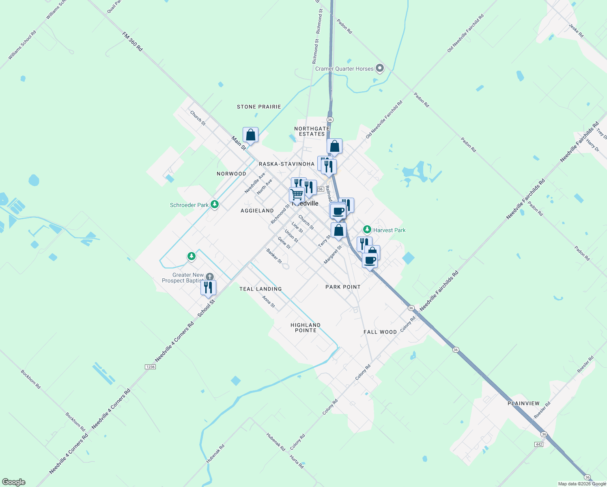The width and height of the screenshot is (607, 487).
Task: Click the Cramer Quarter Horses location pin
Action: pyautogui.click(x=380, y=68)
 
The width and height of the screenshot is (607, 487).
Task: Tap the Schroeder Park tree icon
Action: pyautogui.click(x=215, y=205)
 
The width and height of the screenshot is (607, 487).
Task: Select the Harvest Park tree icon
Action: pyautogui.click(x=367, y=230)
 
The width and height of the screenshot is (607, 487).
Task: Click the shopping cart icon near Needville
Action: pyautogui.click(x=297, y=195)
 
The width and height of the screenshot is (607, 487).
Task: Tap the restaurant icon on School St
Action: pyautogui.click(x=208, y=288)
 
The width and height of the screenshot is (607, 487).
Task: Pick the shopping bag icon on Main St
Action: pyautogui.click(x=250, y=135)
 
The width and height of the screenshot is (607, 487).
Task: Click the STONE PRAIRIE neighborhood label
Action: pyautogui.click(x=259, y=107)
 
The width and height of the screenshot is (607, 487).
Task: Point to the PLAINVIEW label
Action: pyautogui.click(x=523, y=403)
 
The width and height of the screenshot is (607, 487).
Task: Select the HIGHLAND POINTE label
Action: pyautogui.click(x=306, y=328)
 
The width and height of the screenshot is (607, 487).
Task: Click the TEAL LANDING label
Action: pyautogui.click(x=260, y=289)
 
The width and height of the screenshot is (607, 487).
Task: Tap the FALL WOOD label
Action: pyautogui.click(x=380, y=332)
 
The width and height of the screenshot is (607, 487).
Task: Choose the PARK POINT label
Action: pyautogui.click(x=343, y=287)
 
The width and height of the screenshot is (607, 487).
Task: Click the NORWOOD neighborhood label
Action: pyautogui.click(x=231, y=174)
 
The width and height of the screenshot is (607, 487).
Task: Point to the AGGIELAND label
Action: pyautogui.click(x=257, y=211)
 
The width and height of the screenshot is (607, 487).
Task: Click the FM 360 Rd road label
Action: pyautogui.click(x=133, y=42)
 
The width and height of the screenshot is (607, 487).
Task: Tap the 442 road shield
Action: pyautogui.click(x=539, y=444)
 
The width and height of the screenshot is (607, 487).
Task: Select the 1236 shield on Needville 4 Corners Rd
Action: pyautogui.click(x=150, y=367)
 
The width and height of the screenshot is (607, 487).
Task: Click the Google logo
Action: pyautogui.click(x=13, y=482)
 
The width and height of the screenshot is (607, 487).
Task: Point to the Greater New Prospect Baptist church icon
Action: pyautogui.click(x=209, y=277)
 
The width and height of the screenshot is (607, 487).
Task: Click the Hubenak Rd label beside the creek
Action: pyautogui.click(x=215, y=454)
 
